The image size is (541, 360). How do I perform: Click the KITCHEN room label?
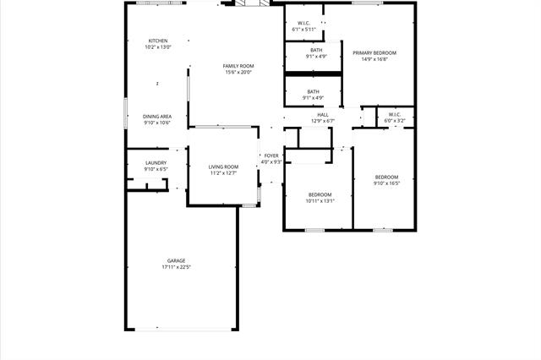click(158, 41)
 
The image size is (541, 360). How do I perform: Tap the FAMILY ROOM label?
click(238, 66)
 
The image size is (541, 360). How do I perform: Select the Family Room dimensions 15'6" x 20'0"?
click(238, 73)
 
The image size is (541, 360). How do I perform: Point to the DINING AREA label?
click(157, 116)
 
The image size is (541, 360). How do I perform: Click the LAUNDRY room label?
click(156, 163)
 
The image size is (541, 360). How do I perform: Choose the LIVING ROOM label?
click(224, 166)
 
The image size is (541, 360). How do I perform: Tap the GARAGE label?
click(176, 260)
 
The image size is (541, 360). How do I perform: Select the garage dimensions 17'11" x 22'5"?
click(176, 267)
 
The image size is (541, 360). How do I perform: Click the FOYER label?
click(271, 155)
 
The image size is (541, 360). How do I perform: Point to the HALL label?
click(323, 115)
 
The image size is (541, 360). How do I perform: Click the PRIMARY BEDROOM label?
click(374, 52)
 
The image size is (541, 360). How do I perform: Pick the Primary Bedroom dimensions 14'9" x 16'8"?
click(374, 59)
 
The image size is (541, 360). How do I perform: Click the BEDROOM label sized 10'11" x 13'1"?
click(320, 194)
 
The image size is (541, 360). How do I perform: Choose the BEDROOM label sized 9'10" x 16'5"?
click(386, 177)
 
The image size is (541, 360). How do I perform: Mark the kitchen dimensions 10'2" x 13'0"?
click(158, 47)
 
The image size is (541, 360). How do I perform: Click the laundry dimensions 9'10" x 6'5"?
click(156, 170)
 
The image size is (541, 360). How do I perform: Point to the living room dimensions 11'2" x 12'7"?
click(224, 173)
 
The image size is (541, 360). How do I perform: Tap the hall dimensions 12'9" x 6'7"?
click(323, 122)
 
